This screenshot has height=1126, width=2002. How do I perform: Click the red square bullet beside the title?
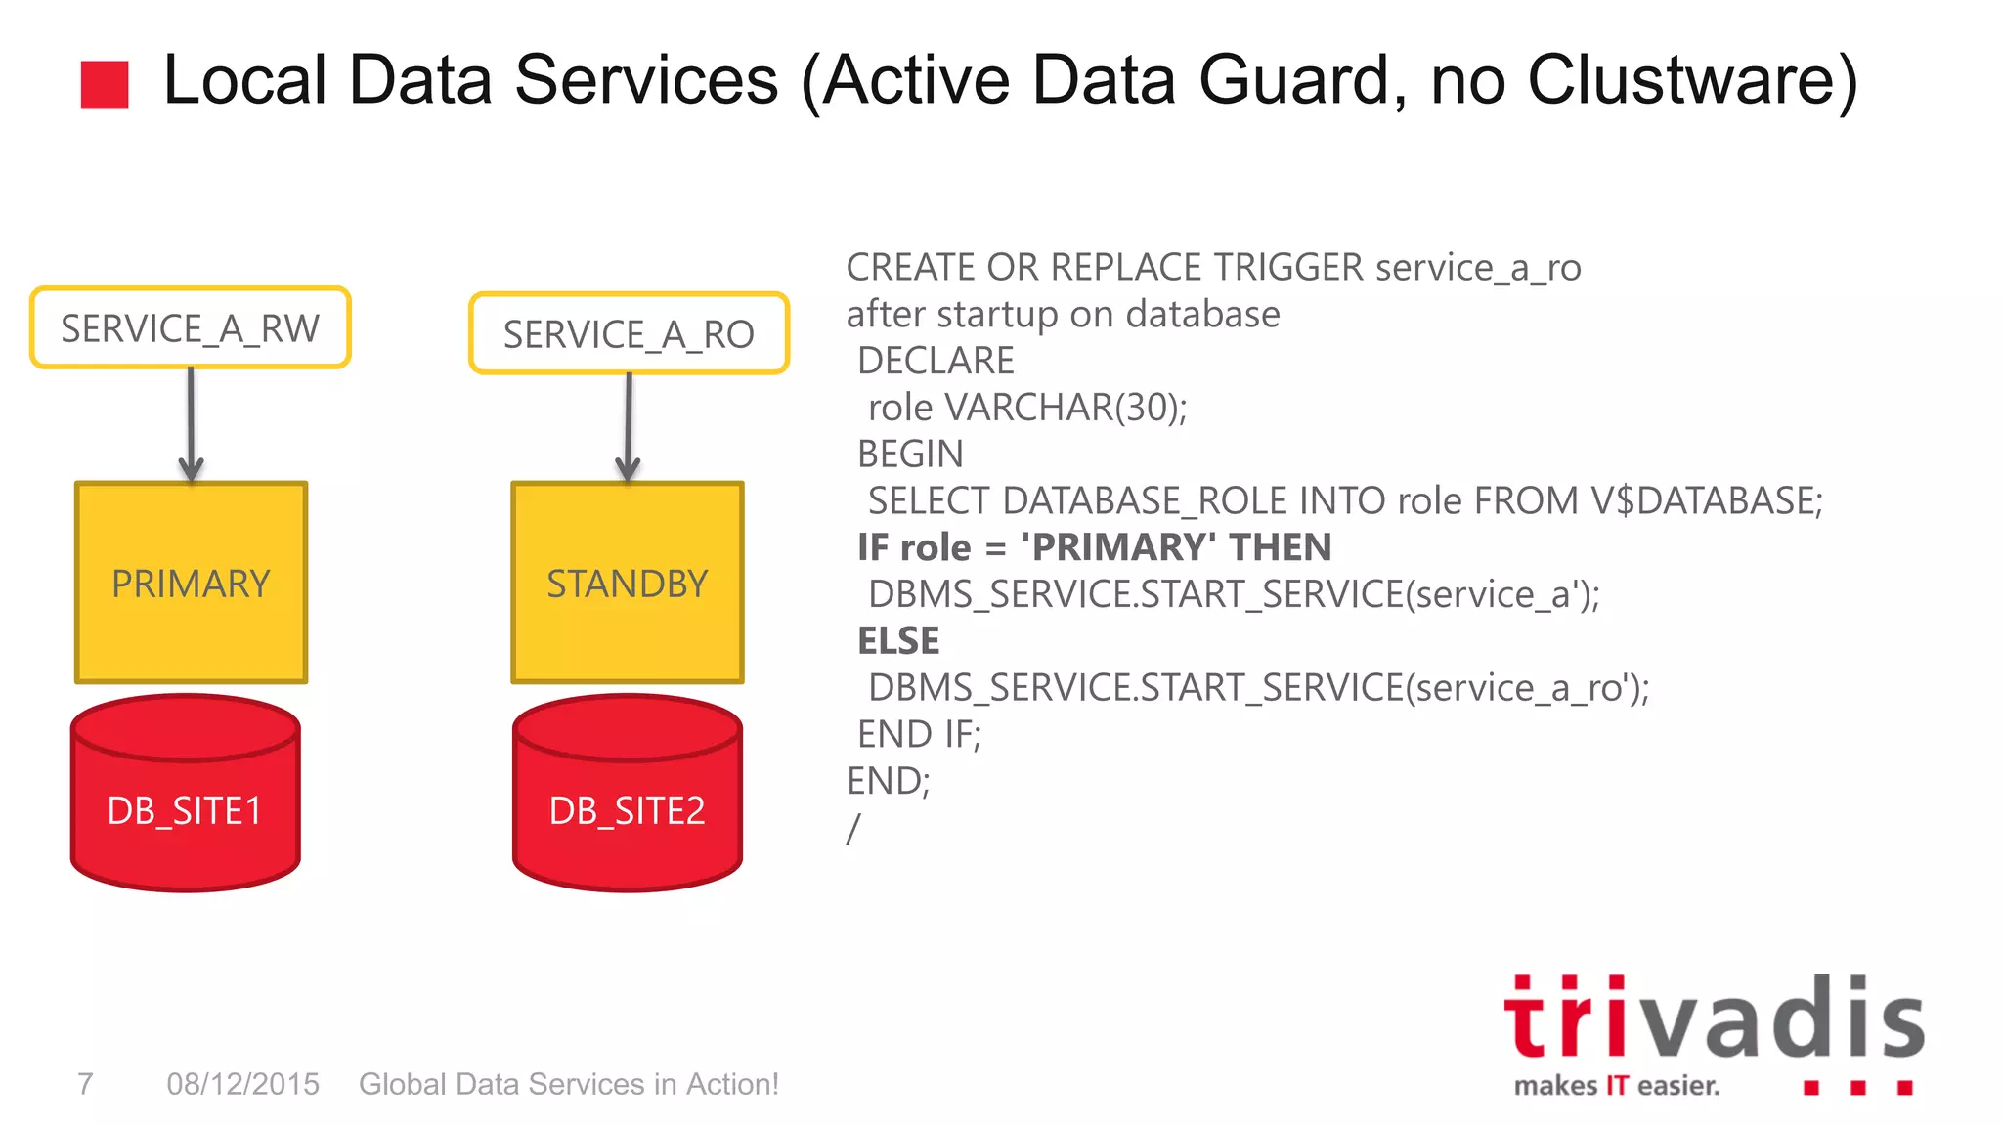(105, 85)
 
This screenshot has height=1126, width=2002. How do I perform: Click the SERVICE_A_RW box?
(190, 328)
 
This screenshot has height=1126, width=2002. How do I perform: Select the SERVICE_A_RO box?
(629, 334)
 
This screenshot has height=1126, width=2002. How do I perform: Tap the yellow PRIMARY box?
(191, 584)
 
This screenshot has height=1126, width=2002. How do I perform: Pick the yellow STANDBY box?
(628, 584)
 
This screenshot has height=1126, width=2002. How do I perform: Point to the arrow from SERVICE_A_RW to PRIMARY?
(191, 425)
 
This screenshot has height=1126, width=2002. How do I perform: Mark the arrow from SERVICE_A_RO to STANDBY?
(629, 428)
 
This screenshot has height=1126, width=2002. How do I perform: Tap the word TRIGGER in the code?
(1288, 267)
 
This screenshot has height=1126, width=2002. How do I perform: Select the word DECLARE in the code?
(936, 361)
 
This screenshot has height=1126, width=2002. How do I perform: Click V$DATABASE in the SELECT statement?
(1706, 500)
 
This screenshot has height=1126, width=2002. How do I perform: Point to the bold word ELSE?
(898, 641)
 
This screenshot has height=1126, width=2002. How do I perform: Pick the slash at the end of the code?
(853, 829)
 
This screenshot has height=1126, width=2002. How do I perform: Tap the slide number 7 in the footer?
(86, 1084)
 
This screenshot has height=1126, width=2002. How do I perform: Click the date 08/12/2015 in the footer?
(242, 1084)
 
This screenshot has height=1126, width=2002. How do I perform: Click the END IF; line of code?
(919, 734)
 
